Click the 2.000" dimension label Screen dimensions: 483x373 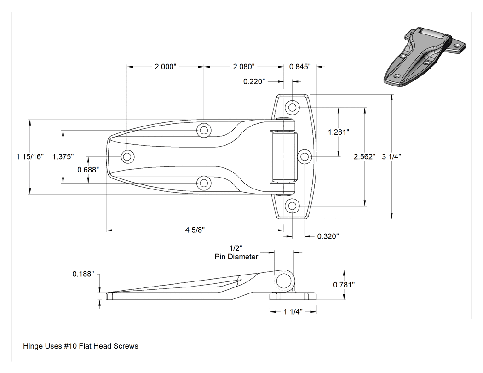(x=166, y=67)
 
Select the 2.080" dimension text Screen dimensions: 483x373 (x=244, y=67)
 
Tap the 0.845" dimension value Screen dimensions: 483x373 (x=300, y=67)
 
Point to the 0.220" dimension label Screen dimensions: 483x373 (x=254, y=81)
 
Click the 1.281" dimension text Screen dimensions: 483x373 (x=339, y=132)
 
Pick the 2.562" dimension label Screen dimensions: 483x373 (x=365, y=156)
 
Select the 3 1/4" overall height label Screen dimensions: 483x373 (x=391, y=156)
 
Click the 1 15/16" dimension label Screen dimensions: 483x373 (x=30, y=156)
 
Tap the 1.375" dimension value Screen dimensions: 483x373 (x=63, y=156)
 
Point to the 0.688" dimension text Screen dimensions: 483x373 (x=88, y=170)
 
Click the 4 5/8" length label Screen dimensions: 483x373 (x=195, y=230)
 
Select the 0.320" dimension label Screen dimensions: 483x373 (x=328, y=236)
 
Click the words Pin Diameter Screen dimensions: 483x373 (x=236, y=257)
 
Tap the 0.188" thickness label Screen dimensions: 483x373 (x=83, y=274)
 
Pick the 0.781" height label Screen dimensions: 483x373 (x=344, y=285)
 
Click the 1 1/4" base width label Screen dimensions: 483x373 (x=293, y=312)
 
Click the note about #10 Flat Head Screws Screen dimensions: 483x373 (x=80, y=346)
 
